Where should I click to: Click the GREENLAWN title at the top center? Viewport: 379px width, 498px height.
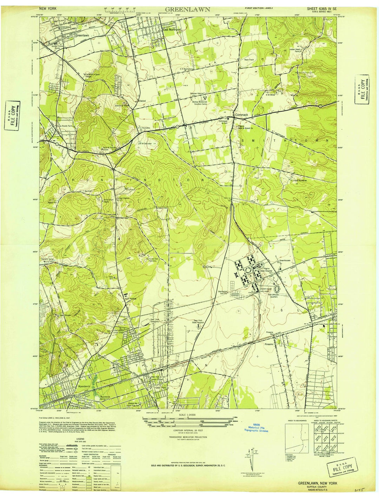(x=188, y=9)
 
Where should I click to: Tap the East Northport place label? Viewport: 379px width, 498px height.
(x=172, y=30)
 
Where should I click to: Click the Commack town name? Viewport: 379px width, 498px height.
(x=241, y=115)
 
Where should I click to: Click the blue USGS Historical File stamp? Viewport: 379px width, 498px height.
(x=256, y=427)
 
